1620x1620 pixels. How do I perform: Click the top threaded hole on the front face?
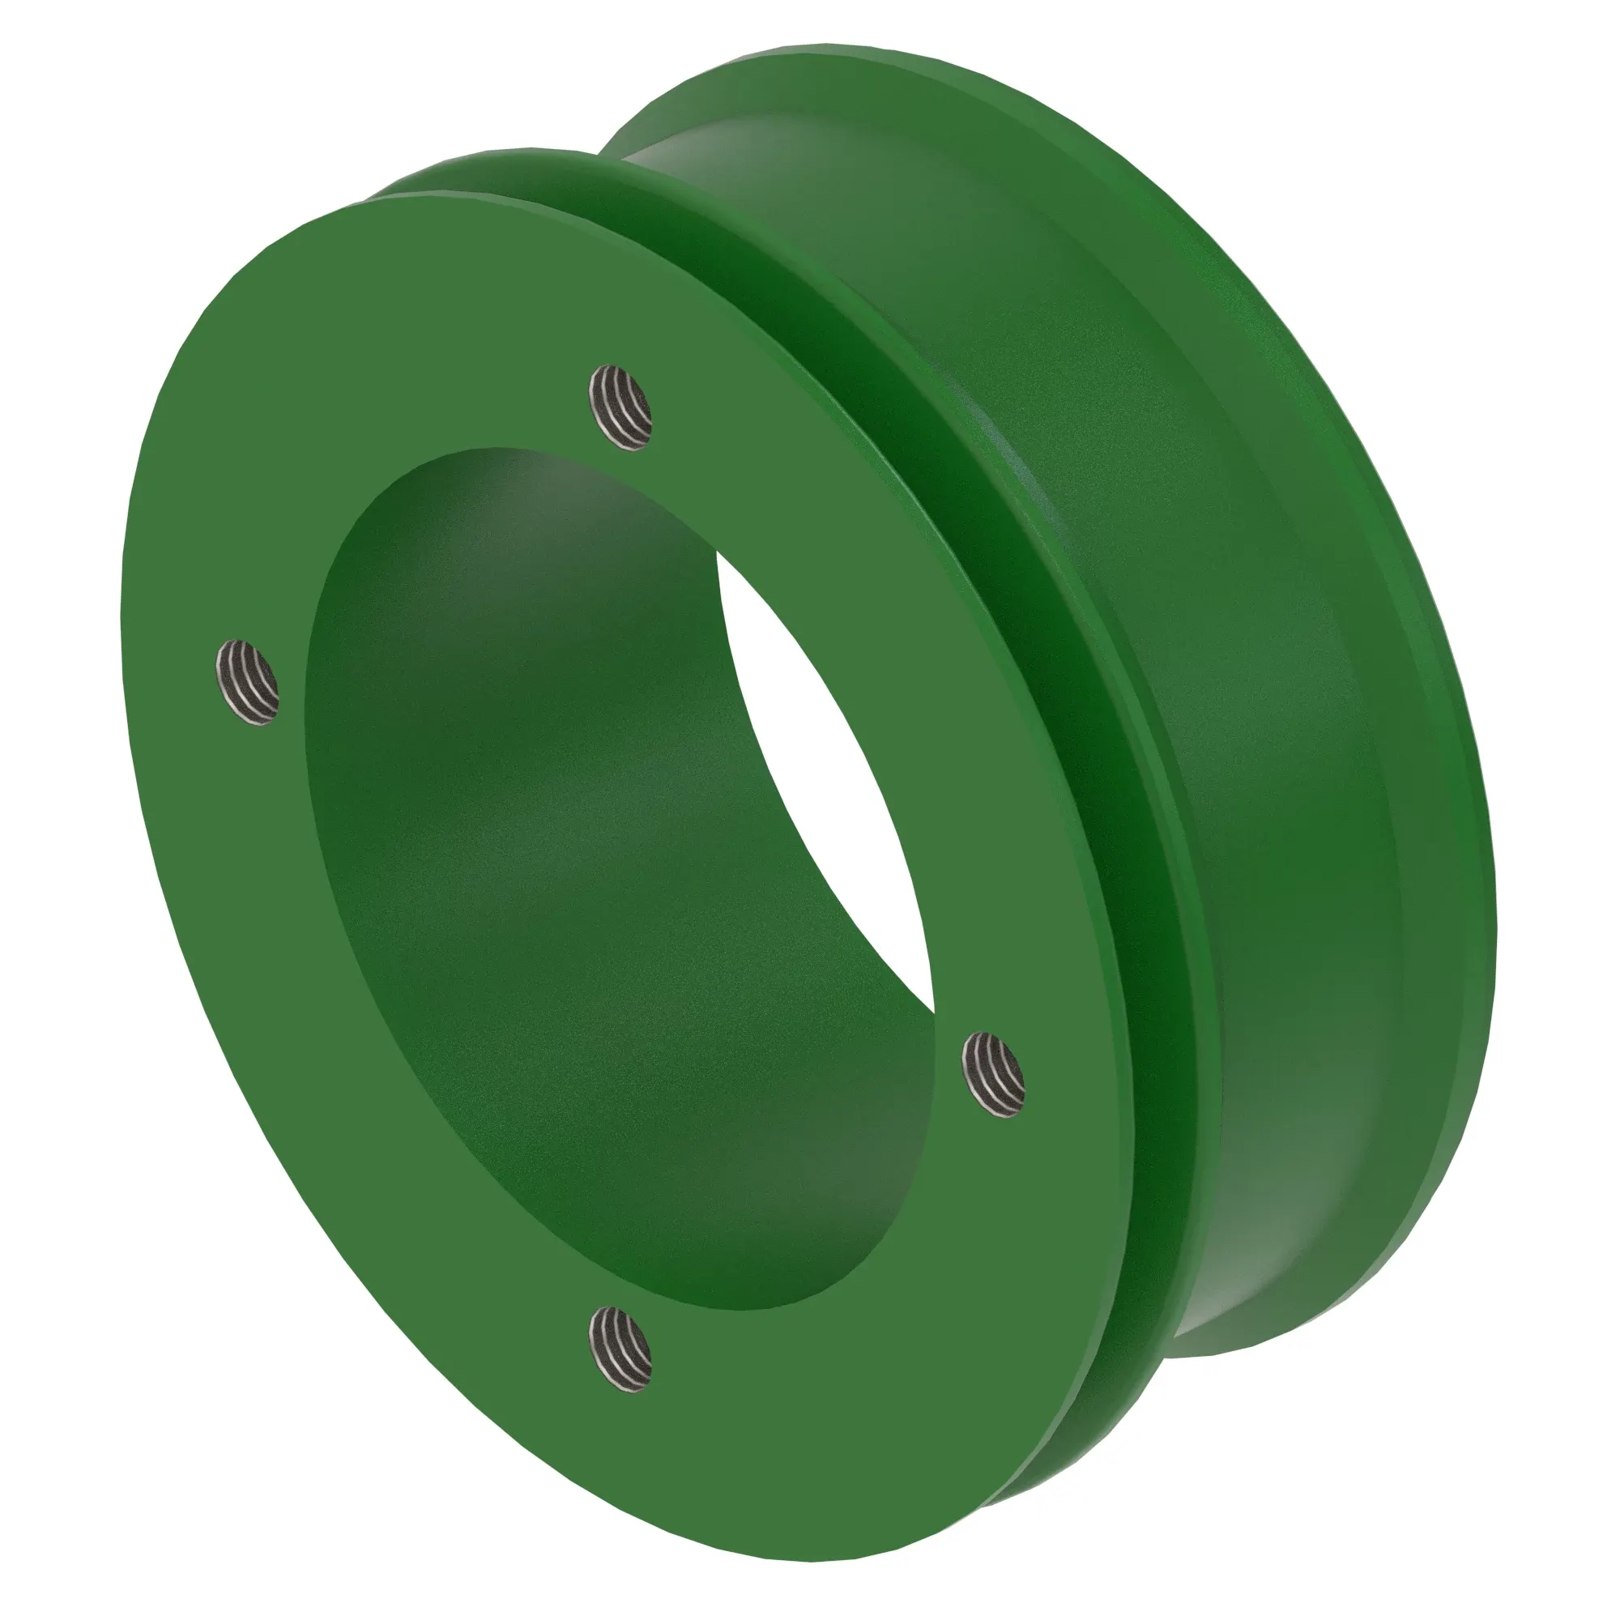tap(620, 407)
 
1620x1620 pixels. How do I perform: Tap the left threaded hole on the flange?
tap(247, 682)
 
